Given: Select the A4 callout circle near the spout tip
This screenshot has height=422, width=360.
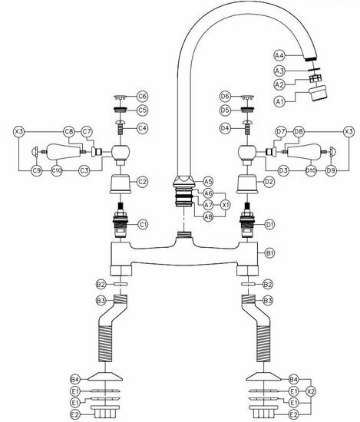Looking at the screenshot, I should tap(280, 55).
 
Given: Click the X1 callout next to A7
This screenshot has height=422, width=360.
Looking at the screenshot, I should tap(226, 205).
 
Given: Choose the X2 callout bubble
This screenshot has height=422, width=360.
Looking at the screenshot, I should tap(311, 391).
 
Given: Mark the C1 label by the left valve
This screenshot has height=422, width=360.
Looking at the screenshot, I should tap(143, 224).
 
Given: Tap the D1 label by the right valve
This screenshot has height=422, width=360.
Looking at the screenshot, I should tap(269, 224).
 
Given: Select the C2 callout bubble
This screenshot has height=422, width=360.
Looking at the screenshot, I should tap(143, 182).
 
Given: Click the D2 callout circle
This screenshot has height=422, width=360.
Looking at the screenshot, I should tap(269, 182).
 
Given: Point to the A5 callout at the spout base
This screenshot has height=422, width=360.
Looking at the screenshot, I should tap(208, 181).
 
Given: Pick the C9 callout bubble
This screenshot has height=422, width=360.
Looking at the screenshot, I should tap(36, 169).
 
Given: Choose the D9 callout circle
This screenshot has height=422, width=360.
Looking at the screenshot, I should tap(331, 169).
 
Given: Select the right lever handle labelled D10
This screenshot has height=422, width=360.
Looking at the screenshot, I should tap(302, 150).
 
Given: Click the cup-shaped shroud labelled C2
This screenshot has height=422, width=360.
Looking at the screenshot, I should tap(119, 185).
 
